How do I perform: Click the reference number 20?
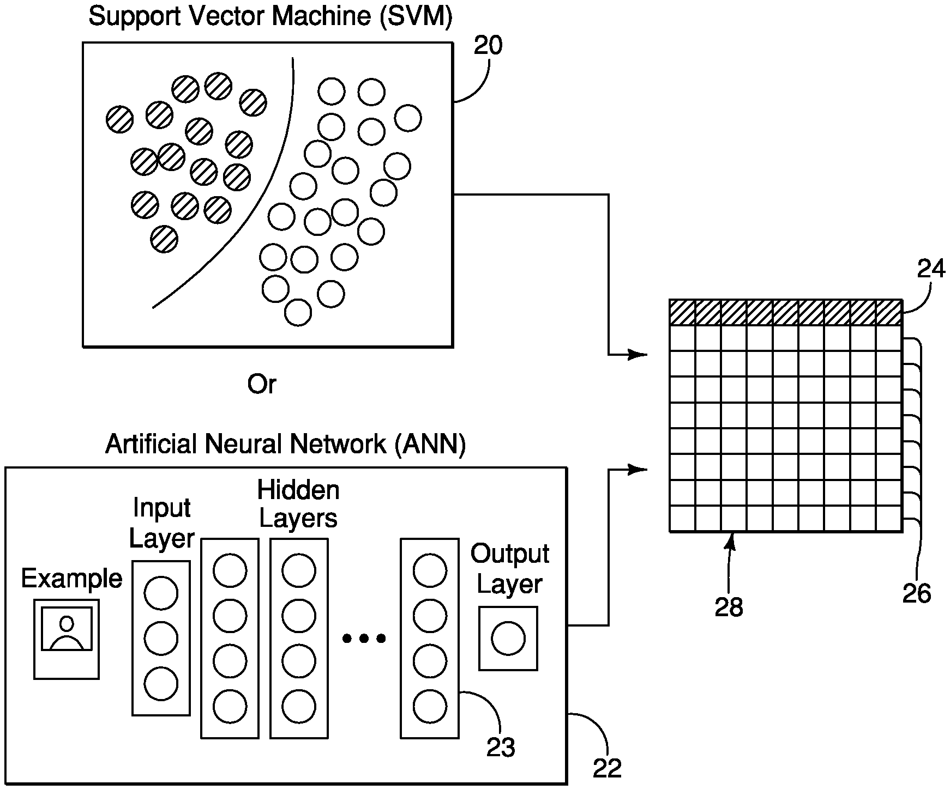pyautogui.click(x=488, y=46)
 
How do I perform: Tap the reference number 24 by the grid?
pyautogui.click(x=930, y=269)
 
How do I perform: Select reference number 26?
pyautogui.click(x=917, y=593)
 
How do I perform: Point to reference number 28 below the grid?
pyautogui.click(x=729, y=607)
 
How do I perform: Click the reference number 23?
pyautogui.click(x=501, y=748)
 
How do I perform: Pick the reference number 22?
pyautogui.click(x=607, y=769)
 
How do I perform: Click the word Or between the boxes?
pyautogui.click(x=262, y=385)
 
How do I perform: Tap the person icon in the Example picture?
pyautogui.click(x=67, y=633)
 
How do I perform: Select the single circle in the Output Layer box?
pyautogui.click(x=508, y=639)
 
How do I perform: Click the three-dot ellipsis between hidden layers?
pyautogui.click(x=364, y=638)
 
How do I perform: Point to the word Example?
pyautogui.click(x=71, y=579)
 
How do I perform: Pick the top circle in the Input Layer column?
pyautogui.click(x=161, y=593)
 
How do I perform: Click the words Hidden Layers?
pyautogui.click(x=298, y=504)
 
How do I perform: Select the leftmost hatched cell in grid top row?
pyautogui.click(x=682, y=313)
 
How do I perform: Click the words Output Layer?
pyautogui.click(x=509, y=569)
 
